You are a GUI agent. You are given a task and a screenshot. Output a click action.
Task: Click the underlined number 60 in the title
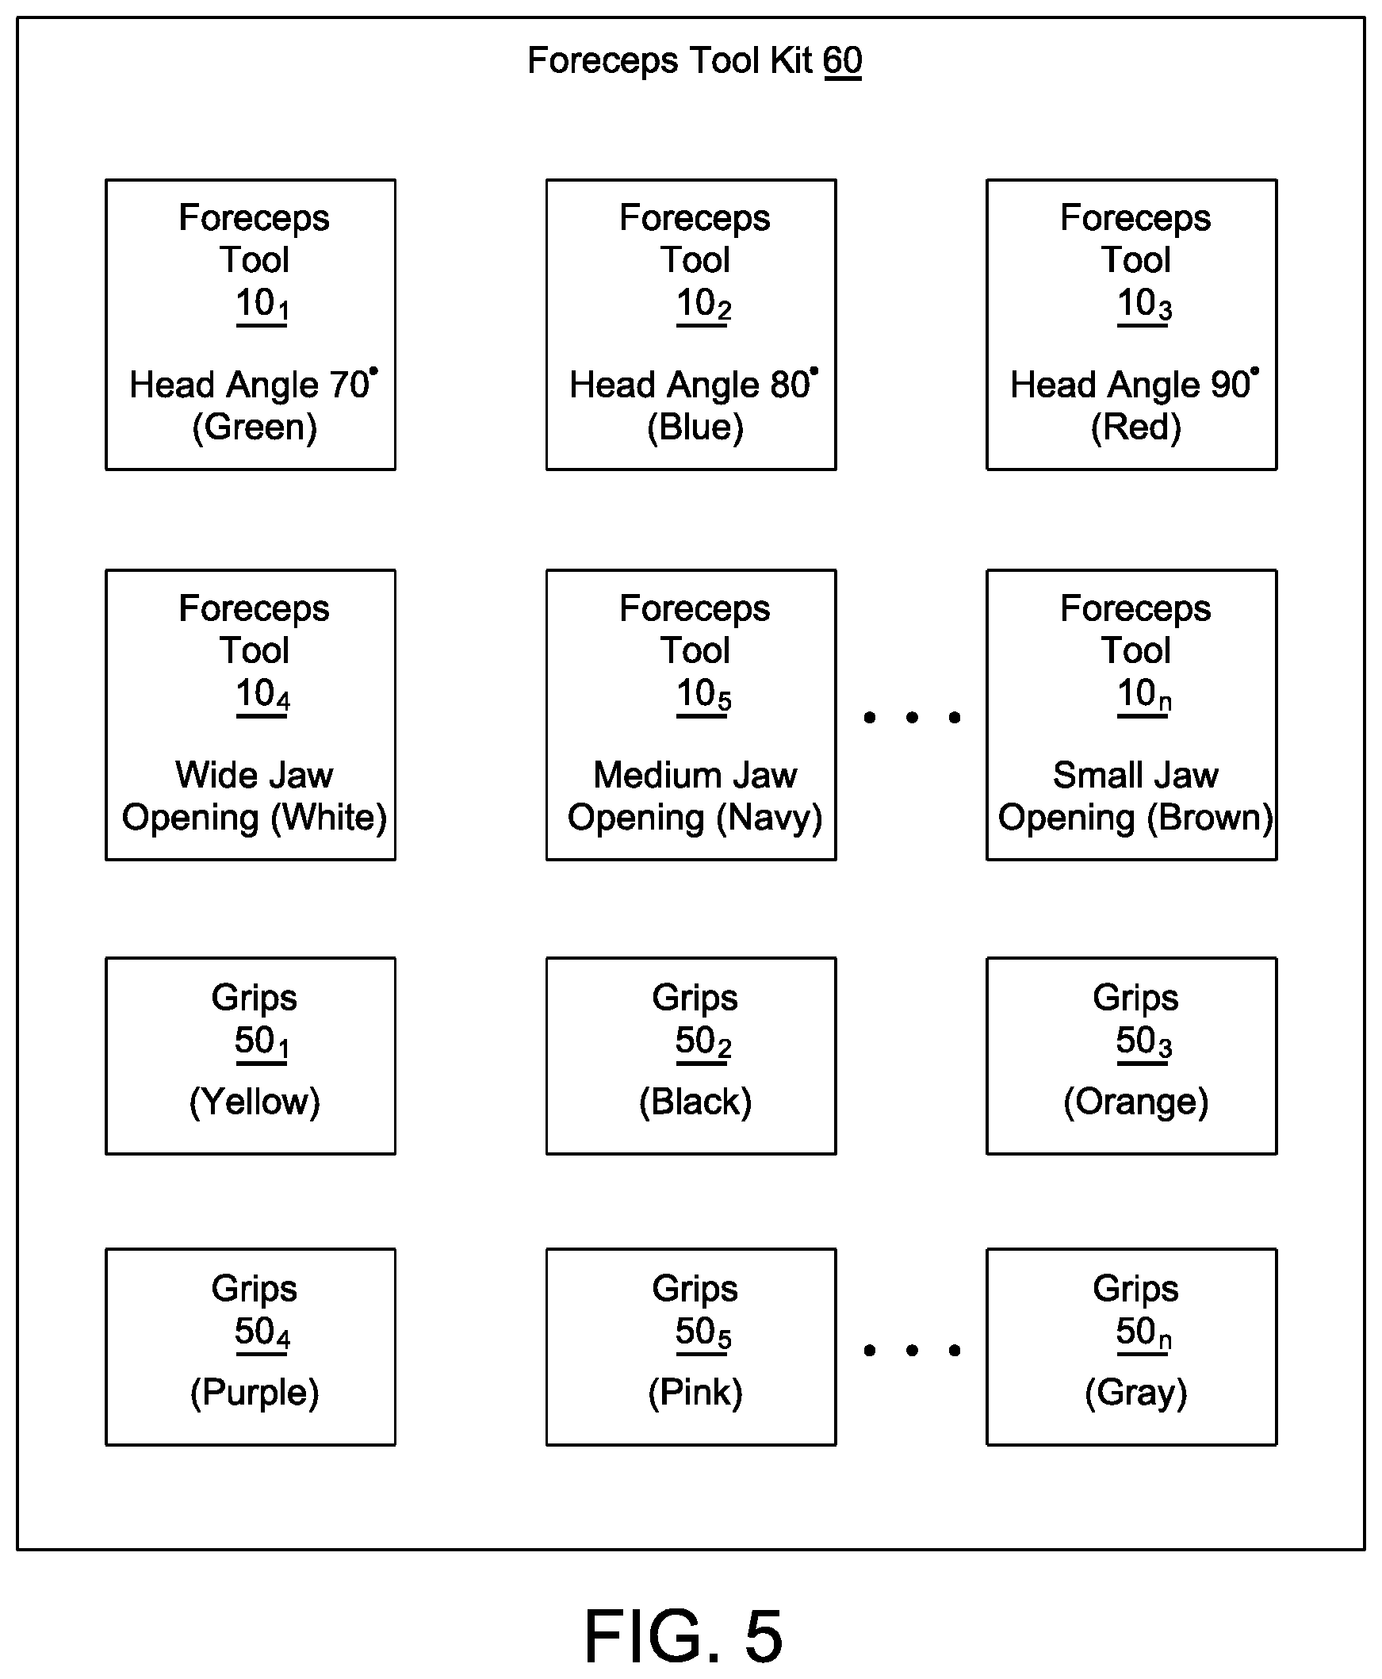(x=842, y=61)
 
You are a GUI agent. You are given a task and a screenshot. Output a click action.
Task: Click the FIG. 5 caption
(x=683, y=1635)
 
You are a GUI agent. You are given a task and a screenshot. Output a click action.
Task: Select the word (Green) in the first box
(x=255, y=427)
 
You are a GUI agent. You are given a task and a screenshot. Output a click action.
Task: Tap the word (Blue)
(x=695, y=427)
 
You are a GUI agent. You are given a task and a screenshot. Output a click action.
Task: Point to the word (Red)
(x=1135, y=427)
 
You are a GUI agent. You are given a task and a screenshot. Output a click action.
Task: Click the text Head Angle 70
(x=249, y=385)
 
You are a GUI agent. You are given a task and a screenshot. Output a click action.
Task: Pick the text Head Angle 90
(x=1131, y=385)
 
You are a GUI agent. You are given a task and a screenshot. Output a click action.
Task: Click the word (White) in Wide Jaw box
(x=329, y=818)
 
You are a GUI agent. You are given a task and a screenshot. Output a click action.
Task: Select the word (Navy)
(x=769, y=818)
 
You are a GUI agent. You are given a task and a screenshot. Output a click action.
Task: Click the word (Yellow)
(x=255, y=1102)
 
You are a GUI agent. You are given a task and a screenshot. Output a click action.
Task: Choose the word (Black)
(x=695, y=1102)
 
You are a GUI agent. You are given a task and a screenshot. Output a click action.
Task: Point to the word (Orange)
(x=1135, y=1102)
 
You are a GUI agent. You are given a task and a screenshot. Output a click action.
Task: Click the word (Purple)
(x=255, y=1393)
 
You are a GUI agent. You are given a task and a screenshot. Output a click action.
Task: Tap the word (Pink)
(x=695, y=1393)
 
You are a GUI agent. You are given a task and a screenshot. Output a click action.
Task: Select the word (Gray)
(x=1135, y=1393)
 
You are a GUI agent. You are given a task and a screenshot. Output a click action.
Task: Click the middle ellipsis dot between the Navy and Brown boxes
(x=912, y=717)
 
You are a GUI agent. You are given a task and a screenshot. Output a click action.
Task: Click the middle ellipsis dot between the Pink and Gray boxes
(x=912, y=1350)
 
